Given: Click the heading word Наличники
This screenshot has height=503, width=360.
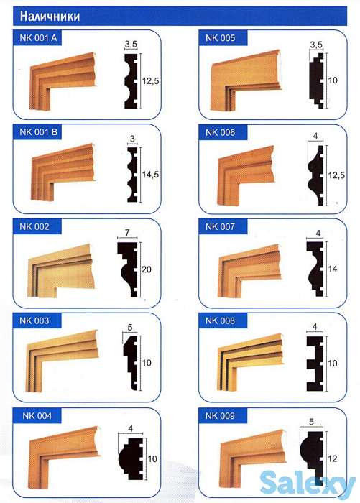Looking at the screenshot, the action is (x=50, y=16).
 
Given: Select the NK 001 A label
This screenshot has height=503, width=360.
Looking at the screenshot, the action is (x=38, y=38).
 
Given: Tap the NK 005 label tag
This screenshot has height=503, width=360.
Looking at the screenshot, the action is (x=220, y=38).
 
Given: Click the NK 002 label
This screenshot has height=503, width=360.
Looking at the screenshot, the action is (x=34, y=226).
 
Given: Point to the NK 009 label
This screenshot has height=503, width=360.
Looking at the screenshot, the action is (x=220, y=416).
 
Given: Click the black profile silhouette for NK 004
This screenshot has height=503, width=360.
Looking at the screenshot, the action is (x=130, y=458).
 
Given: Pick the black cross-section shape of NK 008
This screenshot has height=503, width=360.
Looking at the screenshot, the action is (x=315, y=364).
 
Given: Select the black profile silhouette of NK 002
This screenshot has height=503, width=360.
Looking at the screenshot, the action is (x=128, y=269).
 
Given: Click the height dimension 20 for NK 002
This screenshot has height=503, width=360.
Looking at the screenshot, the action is (x=147, y=269).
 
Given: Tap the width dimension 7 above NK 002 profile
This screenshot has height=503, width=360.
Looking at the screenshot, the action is (x=127, y=232).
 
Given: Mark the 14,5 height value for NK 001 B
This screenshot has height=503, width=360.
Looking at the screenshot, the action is (x=150, y=175).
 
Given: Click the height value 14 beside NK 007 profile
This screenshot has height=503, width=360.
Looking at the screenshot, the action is (x=333, y=269).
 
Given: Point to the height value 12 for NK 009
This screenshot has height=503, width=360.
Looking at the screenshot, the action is (x=333, y=458).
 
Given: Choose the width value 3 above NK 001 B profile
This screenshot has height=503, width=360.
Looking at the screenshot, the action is (x=132, y=139).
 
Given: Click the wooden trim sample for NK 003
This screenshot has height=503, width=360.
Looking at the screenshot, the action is (x=62, y=361).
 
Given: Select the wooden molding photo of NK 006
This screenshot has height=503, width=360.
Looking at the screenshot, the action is (x=246, y=175).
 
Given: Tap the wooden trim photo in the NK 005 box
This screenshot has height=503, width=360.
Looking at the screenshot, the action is (x=246, y=80).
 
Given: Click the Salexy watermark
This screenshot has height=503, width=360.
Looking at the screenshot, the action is (x=308, y=484).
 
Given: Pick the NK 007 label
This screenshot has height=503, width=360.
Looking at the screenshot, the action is (x=220, y=226).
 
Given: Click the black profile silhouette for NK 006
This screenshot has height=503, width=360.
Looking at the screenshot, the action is (x=316, y=175).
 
